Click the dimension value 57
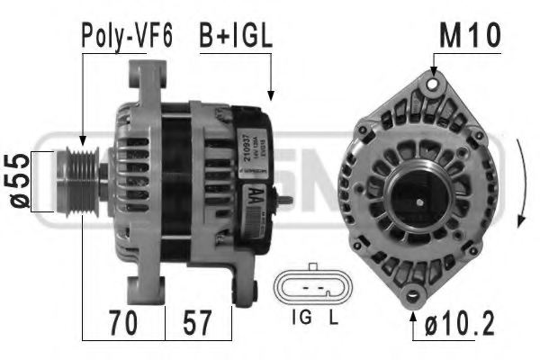coord(199,322)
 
